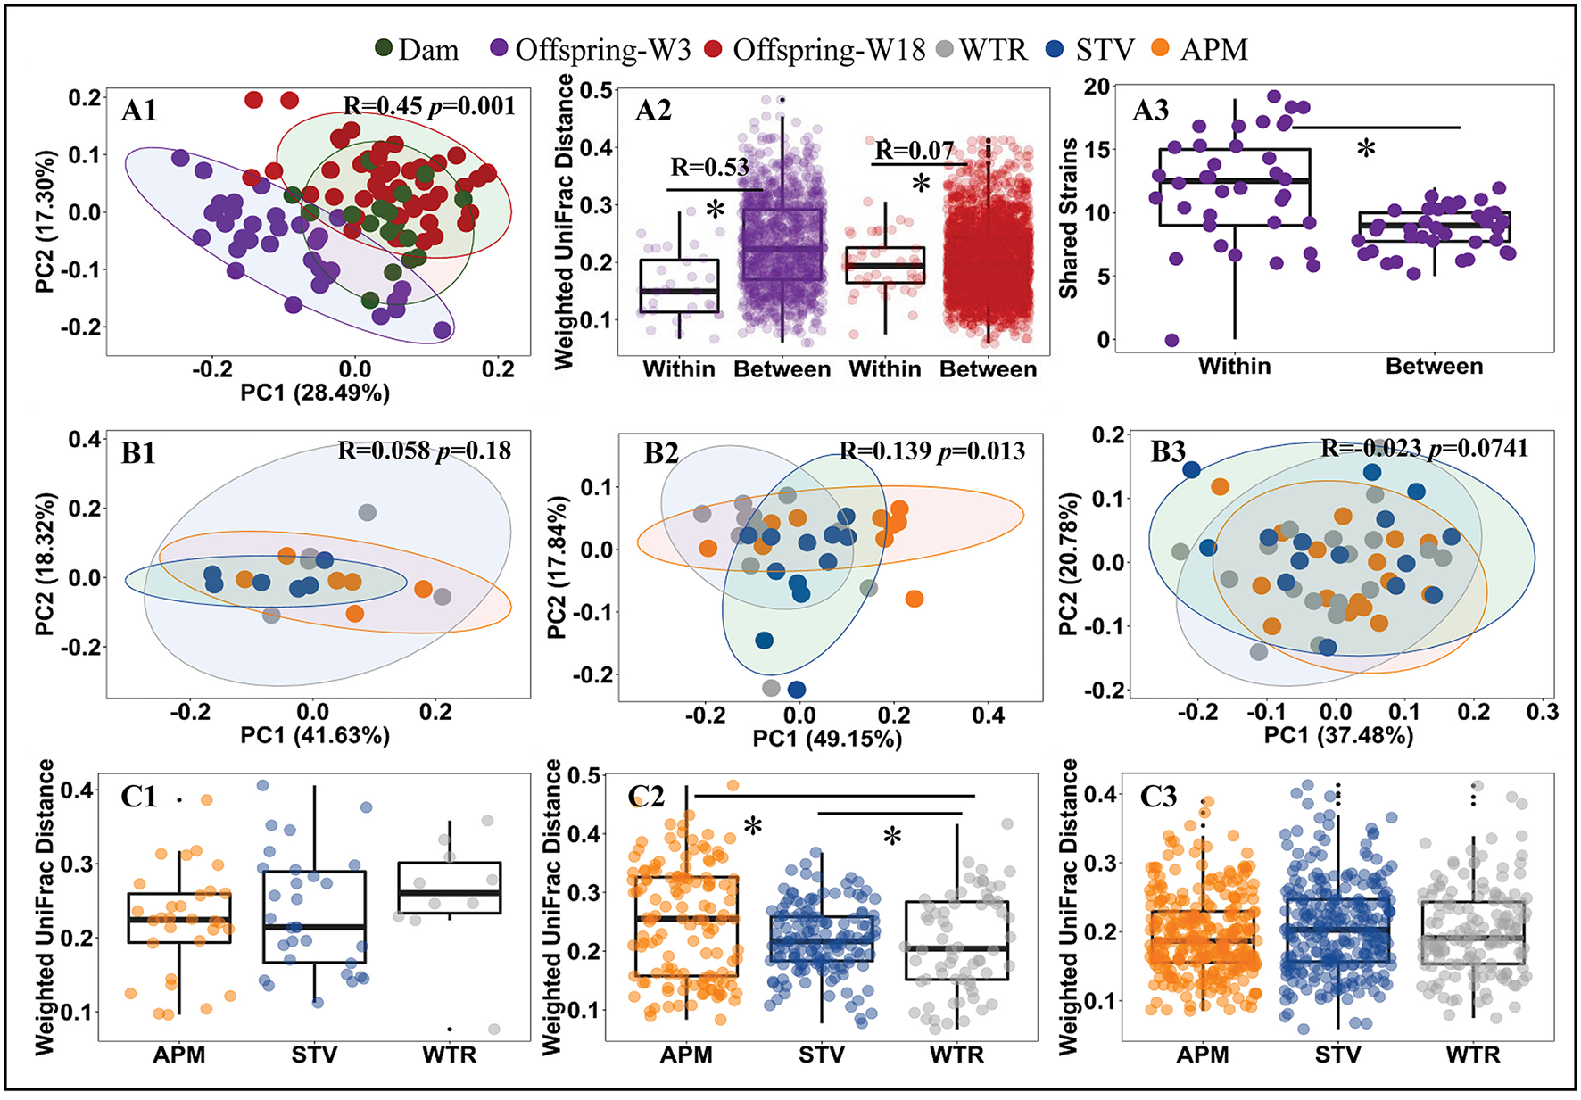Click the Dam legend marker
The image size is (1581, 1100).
pyautogui.click(x=384, y=49)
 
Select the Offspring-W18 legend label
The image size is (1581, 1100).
pyautogui.click(x=829, y=50)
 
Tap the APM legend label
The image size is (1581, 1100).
pyautogui.click(x=1213, y=50)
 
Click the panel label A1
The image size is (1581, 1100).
pyautogui.click(x=139, y=111)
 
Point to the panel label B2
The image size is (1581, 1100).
pyautogui.click(x=661, y=453)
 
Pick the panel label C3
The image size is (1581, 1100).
pyautogui.click(x=1158, y=796)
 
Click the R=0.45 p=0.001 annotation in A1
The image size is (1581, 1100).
pyautogui.click(x=429, y=106)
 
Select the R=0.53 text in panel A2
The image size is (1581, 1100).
pyautogui.click(x=709, y=167)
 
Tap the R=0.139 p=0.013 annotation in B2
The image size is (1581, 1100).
pyautogui.click(x=932, y=451)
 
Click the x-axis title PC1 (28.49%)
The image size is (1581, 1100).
pyautogui.click(x=315, y=393)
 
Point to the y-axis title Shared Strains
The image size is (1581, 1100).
pyautogui.click(x=1068, y=219)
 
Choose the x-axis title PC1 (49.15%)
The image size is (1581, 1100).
pyautogui.click(x=827, y=739)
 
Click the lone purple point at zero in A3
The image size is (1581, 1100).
pyautogui.click(x=1171, y=340)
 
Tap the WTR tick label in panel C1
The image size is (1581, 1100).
pyautogui.click(x=450, y=1055)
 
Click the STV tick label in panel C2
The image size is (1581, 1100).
pyautogui.click(x=821, y=1055)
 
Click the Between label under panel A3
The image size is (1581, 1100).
pyautogui.click(x=1434, y=366)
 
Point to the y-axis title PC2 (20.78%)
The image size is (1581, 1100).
pyautogui.click(x=1068, y=564)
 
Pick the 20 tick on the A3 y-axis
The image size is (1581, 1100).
pyautogui.click(x=1097, y=87)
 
